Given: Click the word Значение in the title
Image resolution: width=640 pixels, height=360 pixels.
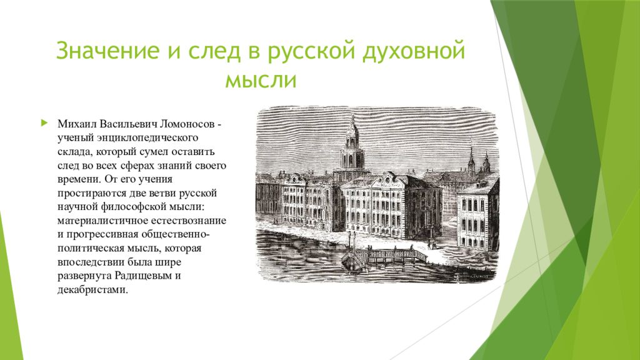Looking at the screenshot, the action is point(107,50).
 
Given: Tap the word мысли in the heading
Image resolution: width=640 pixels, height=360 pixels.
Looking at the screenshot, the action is point(261,80).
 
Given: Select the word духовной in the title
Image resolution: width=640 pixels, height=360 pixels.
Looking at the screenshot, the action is point(414,51).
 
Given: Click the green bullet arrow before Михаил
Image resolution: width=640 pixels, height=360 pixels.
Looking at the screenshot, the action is point(44,123).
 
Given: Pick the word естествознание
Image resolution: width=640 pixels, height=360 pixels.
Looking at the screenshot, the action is point(189,221).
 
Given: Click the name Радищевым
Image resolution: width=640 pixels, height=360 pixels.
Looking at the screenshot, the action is point(143,276).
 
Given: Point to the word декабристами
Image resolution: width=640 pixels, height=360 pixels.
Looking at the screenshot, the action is point(92,290).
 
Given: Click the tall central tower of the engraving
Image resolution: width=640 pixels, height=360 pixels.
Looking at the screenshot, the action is point(352,147).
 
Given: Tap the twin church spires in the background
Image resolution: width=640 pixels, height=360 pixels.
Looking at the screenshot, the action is point(478,159).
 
